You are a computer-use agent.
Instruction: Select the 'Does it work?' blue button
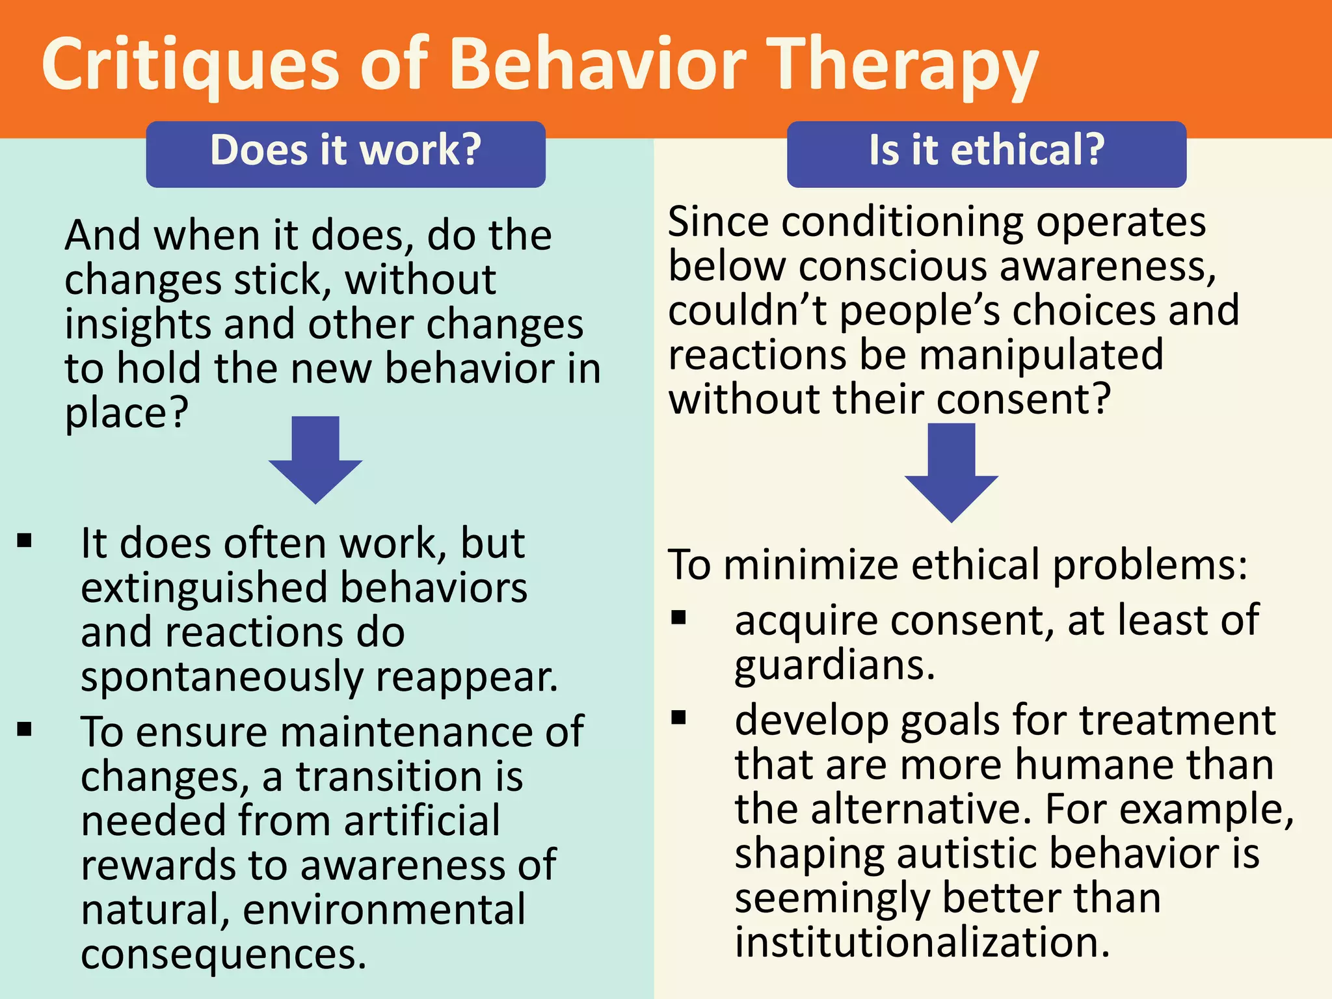pos(345,153)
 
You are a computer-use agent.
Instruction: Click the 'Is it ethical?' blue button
pos(986,153)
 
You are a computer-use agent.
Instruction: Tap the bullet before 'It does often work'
pos(25,540)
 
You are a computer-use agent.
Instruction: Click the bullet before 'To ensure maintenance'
pos(25,728)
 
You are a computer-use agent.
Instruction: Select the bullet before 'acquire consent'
pos(679,617)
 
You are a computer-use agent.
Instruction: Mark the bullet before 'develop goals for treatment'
pos(679,717)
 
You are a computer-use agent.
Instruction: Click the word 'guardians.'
pos(834,666)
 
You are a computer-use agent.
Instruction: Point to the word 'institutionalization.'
pos(922,942)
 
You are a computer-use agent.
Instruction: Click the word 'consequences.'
pos(224,954)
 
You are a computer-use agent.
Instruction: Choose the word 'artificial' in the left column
pos(422,820)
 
